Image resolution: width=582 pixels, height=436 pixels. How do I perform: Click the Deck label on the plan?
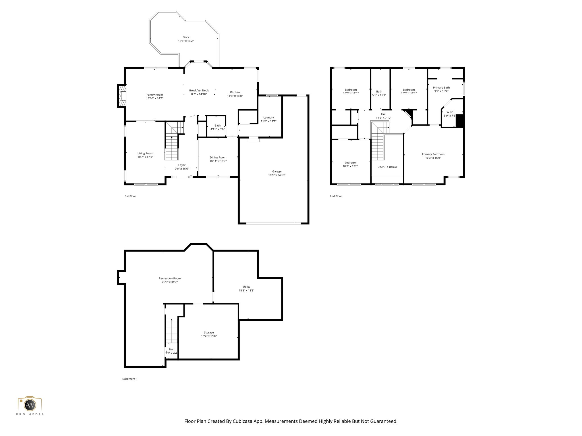click(186, 37)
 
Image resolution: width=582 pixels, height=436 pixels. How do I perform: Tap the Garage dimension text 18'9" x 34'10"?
click(277, 175)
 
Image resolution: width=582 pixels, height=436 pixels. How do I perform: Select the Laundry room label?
click(269, 118)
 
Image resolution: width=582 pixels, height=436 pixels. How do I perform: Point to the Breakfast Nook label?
click(199, 91)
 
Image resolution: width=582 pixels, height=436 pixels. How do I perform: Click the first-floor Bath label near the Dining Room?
click(217, 125)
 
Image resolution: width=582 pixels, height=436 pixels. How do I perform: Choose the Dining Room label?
click(218, 158)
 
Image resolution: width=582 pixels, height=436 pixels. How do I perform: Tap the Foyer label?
click(182, 165)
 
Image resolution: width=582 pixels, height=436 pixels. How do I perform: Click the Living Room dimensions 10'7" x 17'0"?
click(145, 157)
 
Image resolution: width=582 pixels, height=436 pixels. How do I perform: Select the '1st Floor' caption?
click(130, 196)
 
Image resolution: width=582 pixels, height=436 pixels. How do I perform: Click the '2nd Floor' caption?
click(336, 196)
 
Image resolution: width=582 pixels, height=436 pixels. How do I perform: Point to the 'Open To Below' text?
click(387, 167)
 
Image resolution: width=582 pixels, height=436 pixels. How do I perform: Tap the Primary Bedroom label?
click(433, 154)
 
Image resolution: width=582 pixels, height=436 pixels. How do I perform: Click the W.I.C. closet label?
click(450, 112)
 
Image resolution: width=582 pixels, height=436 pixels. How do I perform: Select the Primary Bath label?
click(441, 88)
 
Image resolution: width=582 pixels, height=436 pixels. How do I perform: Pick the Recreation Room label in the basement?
click(170, 278)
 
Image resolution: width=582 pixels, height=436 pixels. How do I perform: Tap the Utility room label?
click(246, 287)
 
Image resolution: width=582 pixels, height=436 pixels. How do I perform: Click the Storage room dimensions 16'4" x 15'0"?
click(209, 336)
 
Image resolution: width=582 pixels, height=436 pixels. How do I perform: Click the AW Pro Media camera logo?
click(30, 405)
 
